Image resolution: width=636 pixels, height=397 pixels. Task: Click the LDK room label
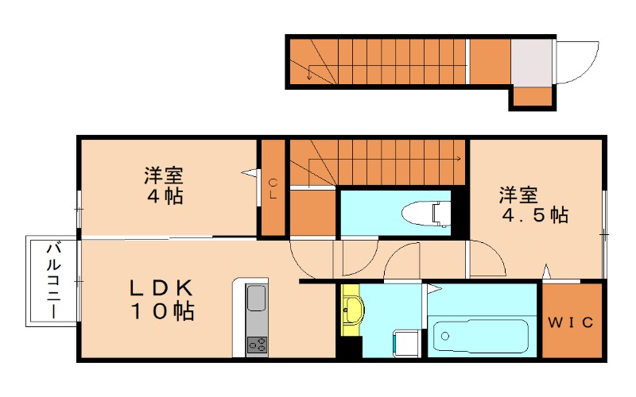(162, 300)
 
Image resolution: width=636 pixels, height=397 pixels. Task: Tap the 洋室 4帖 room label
(165, 185)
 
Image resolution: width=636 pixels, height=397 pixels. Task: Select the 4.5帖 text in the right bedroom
(535, 214)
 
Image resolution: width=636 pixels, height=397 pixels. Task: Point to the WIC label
(571, 322)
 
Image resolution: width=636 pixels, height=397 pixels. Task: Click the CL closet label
(273, 189)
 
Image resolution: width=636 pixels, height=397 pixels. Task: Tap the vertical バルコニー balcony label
(54, 280)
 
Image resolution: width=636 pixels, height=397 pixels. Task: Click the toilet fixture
(426, 213)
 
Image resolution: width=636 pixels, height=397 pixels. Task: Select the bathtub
(481, 336)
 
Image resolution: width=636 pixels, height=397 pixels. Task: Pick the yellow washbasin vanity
(352, 310)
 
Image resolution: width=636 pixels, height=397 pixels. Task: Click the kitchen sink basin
(256, 299)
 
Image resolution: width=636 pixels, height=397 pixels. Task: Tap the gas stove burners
(257, 345)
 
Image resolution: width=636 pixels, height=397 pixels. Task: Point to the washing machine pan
(407, 344)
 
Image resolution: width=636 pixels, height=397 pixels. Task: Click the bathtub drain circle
(445, 336)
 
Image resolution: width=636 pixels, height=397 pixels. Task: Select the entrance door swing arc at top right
(588, 68)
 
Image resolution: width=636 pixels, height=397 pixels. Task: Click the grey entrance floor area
(531, 63)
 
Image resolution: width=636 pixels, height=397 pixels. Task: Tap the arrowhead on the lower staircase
(459, 159)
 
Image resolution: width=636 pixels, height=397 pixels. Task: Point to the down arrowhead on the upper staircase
(309, 76)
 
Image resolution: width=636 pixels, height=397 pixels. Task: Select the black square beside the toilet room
(460, 211)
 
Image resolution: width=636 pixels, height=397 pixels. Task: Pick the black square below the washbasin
(349, 348)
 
